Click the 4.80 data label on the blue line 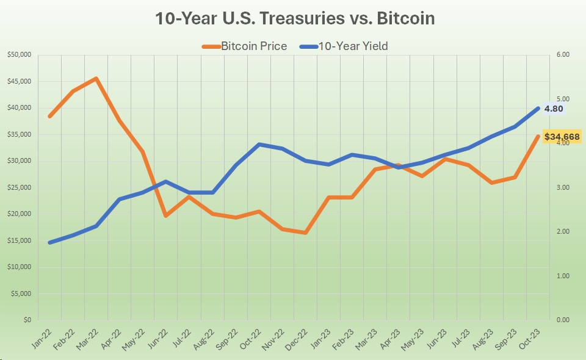click(554, 109)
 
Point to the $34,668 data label click(562, 136)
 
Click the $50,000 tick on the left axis click(20, 55)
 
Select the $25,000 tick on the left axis click(20, 187)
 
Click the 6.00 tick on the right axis click(563, 55)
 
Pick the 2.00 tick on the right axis click(563, 232)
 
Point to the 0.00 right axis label click(563, 320)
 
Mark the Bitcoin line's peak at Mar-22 click(96, 79)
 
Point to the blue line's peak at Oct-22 click(259, 145)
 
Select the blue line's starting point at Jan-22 click(49, 242)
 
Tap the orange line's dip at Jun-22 click(165, 215)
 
